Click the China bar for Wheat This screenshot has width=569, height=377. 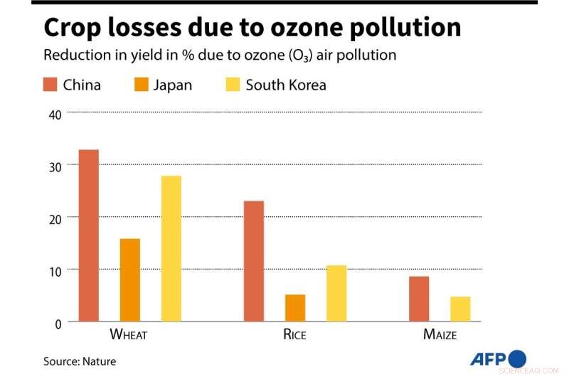[89, 235]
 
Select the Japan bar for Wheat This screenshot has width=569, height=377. [130, 280]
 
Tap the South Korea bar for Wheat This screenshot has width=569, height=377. [171, 249]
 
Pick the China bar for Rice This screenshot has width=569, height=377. [254, 261]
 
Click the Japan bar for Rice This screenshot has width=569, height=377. [295, 308]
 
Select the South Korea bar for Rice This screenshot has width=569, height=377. [336, 293]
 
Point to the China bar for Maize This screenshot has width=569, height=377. [419, 299]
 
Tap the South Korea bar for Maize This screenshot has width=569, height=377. [460, 309]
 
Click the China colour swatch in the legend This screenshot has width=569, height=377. [50, 85]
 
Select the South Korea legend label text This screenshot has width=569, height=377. [286, 85]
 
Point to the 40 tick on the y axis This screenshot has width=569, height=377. [55, 113]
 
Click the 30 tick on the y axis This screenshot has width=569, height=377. [55, 165]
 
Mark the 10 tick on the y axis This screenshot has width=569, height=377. [55, 270]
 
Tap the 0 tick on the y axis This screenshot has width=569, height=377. [58, 322]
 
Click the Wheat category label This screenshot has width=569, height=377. [128, 334]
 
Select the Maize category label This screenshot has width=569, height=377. [440, 334]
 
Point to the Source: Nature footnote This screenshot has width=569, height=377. [80, 361]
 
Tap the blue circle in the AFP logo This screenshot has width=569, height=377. [517, 358]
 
